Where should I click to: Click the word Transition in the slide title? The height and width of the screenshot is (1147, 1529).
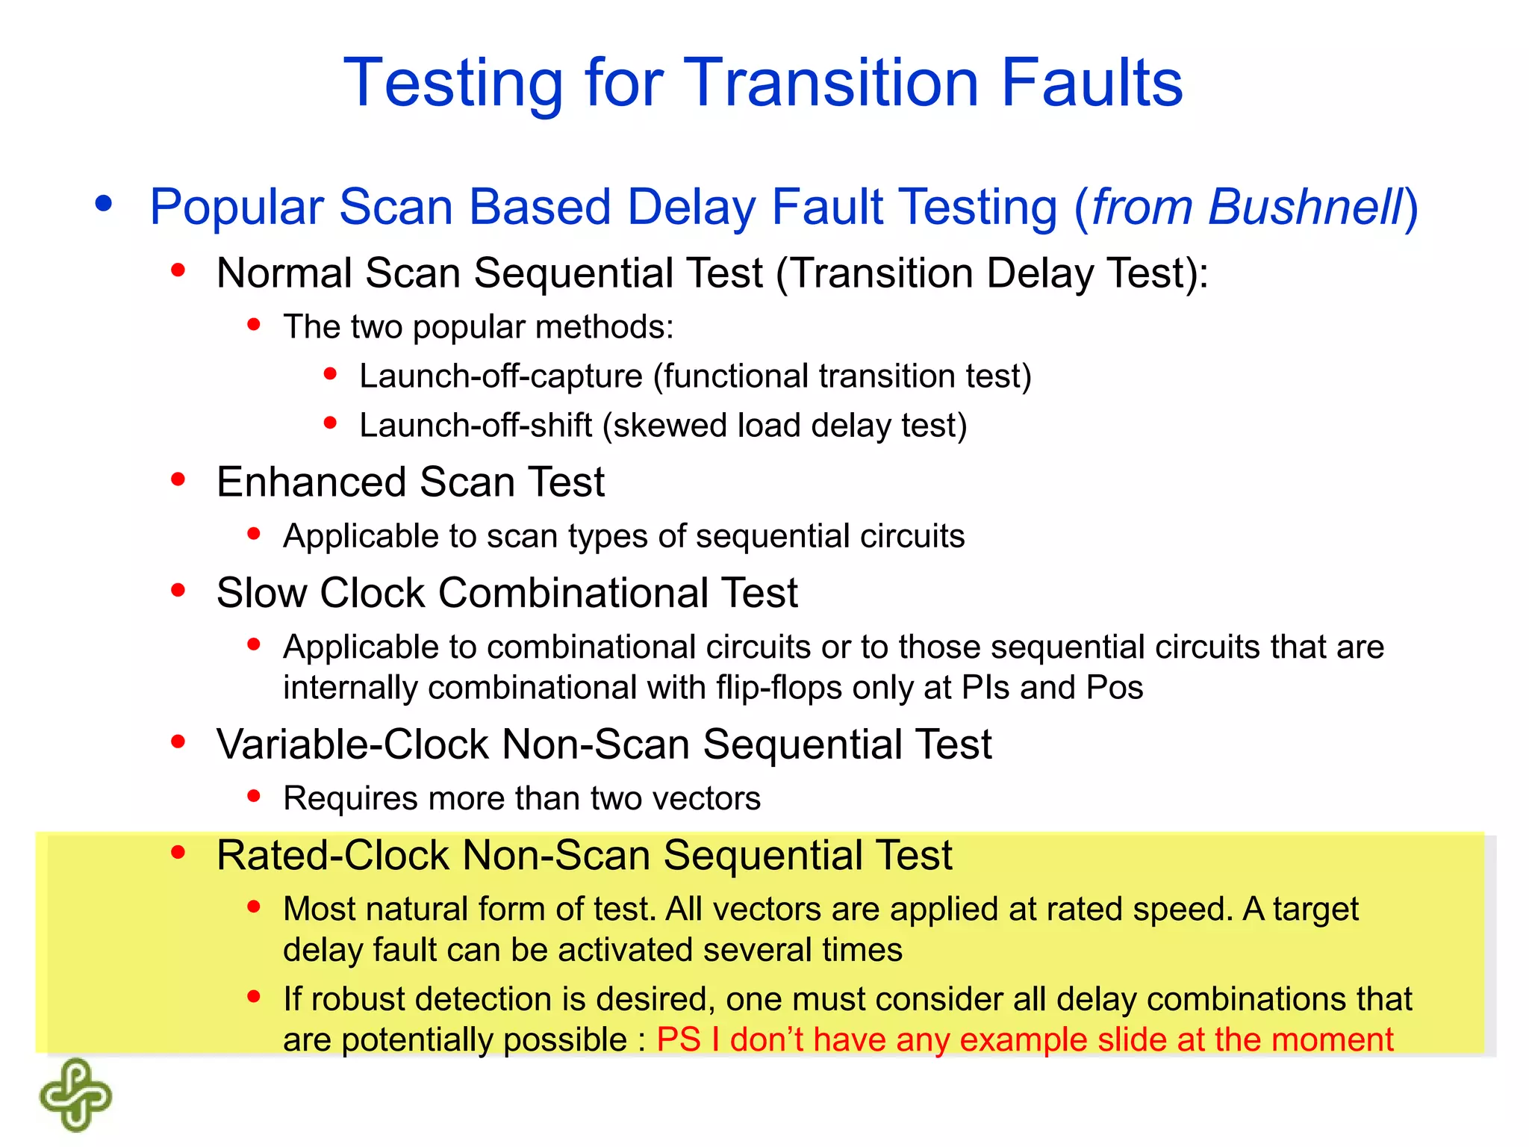coord(830,83)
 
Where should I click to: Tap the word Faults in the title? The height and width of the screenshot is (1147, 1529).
coord(1092,83)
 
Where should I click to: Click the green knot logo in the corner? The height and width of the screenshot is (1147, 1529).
coord(75,1094)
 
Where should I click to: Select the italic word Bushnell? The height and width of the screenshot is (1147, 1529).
coord(1306,207)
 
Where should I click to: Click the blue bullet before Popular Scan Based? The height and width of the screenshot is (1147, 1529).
coord(104,203)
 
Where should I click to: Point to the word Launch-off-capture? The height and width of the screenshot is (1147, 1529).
coord(501,376)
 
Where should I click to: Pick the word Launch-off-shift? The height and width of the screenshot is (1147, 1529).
coord(476,426)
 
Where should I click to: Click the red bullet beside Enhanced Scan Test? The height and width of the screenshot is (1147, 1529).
coord(178,479)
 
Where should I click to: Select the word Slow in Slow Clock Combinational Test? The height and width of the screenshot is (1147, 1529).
coord(261,593)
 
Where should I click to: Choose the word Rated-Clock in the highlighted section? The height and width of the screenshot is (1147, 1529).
coord(333,855)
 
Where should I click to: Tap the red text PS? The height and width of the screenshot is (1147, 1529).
coord(679,1039)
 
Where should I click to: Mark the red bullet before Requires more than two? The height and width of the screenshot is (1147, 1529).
coord(254,797)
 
